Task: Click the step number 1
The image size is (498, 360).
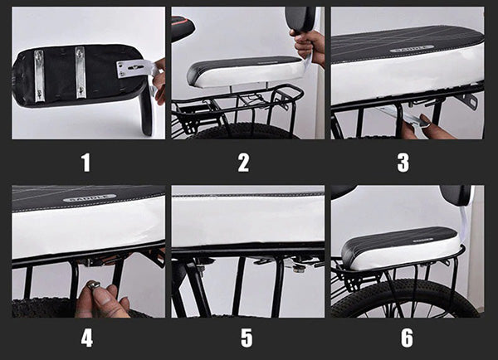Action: (85, 162)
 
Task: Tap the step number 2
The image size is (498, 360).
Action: (243, 162)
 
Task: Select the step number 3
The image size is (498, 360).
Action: (403, 162)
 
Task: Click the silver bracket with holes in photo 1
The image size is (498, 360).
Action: (133, 68)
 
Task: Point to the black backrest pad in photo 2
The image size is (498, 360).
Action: (299, 18)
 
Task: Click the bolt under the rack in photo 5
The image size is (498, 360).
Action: (295, 266)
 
